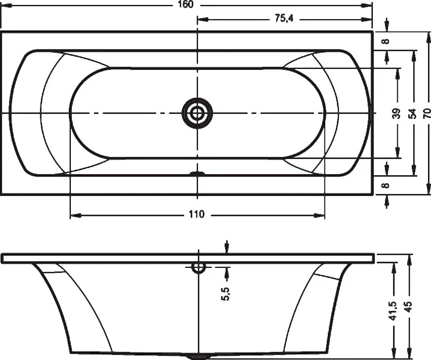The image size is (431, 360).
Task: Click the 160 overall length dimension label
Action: [x=186, y=4]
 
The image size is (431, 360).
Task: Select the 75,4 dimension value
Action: [x=284, y=18]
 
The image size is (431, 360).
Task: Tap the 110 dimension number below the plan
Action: [x=197, y=214]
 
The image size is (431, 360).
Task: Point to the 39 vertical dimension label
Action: [x=397, y=113]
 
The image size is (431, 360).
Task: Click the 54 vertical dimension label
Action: [x=412, y=113]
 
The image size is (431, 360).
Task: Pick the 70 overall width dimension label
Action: [x=427, y=113]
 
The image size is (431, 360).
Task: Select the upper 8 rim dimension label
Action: [x=386, y=41]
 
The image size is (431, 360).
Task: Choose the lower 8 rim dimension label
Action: [x=386, y=185]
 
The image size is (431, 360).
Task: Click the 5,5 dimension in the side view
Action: [x=225, y=294]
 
